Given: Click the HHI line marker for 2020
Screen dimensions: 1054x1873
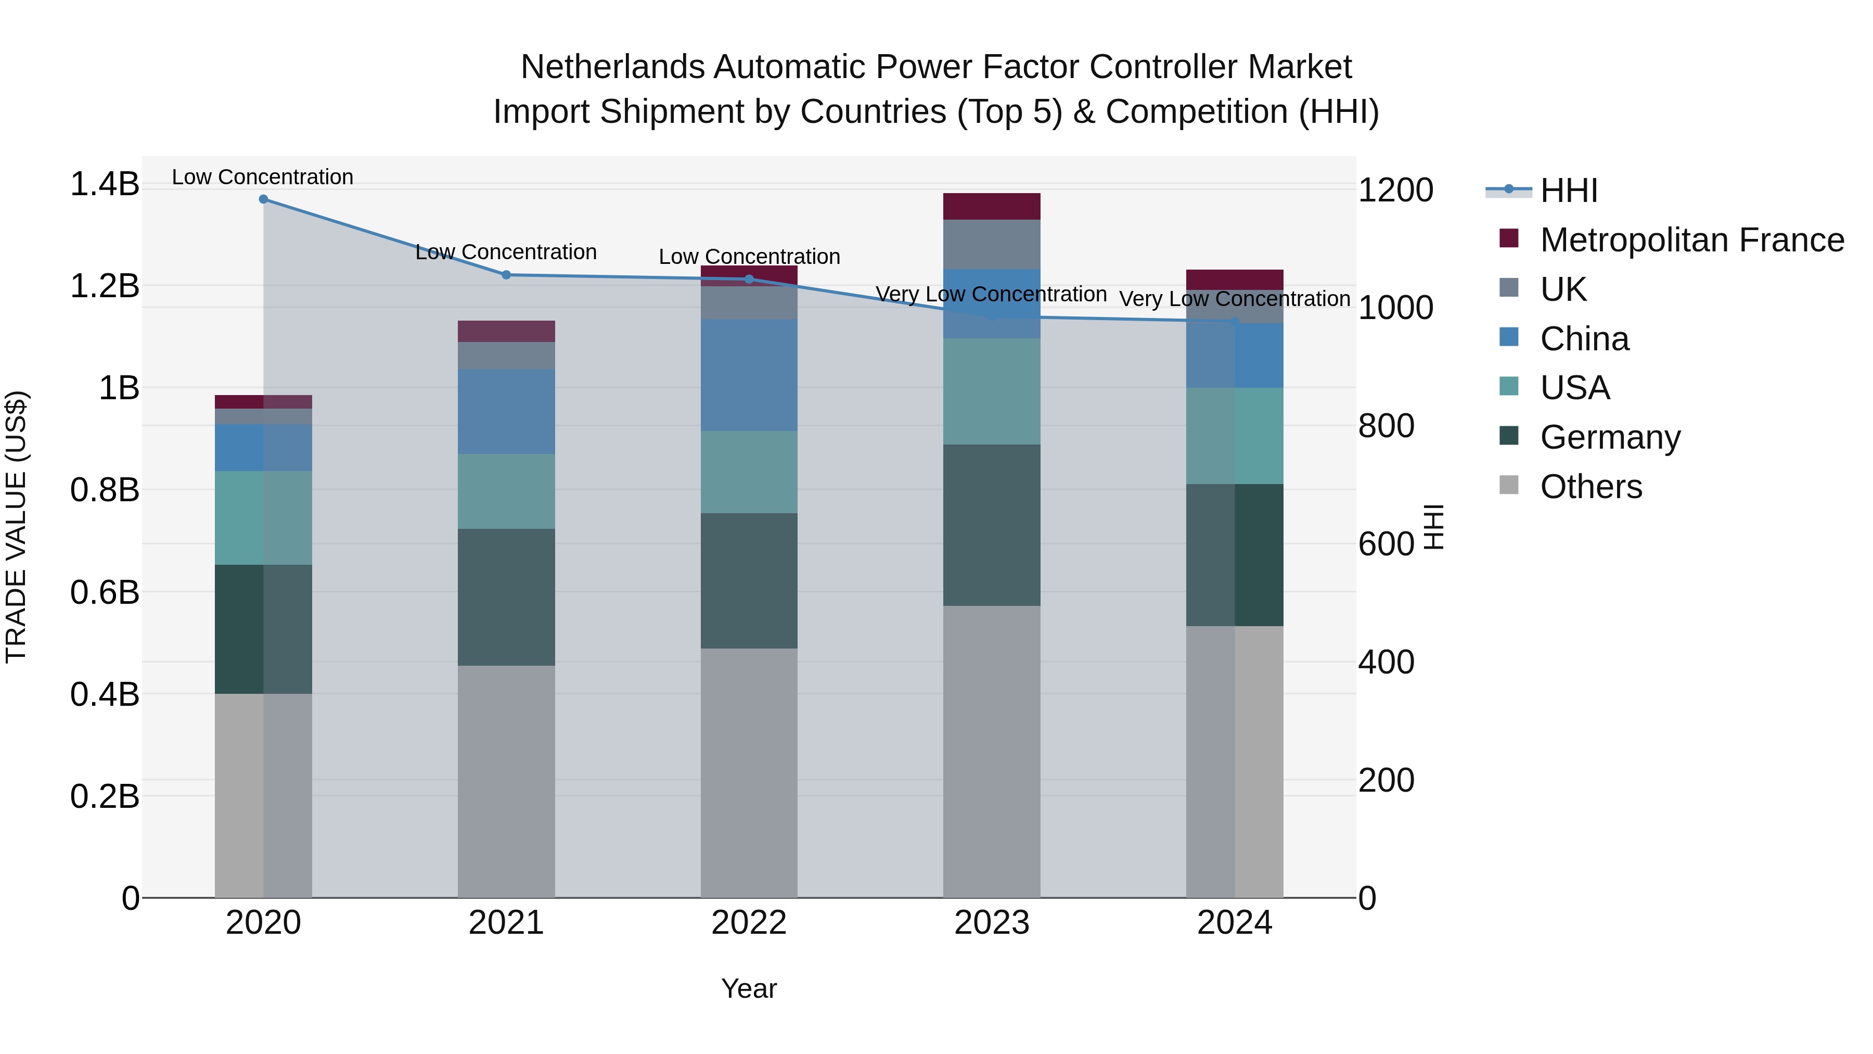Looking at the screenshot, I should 263,199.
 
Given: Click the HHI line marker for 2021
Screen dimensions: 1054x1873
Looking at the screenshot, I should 506,275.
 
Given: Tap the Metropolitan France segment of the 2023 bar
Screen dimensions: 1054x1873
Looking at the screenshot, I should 991,207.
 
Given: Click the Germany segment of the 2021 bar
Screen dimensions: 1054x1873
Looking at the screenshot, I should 506,596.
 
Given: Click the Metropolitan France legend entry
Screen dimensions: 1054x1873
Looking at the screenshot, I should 1691,240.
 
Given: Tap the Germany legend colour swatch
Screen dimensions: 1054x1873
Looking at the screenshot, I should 1509,437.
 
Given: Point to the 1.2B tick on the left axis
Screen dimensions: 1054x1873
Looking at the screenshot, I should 104,286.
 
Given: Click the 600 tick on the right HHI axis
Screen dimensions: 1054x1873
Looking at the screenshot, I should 1386,544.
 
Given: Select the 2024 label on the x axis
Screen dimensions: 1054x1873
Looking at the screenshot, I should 1234,923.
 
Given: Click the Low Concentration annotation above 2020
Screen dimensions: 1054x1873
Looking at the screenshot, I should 263,177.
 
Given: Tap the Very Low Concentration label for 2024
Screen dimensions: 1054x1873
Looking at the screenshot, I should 1234,299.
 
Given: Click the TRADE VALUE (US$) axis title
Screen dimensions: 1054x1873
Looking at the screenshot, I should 16,527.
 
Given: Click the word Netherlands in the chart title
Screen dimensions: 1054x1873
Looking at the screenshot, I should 612,68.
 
